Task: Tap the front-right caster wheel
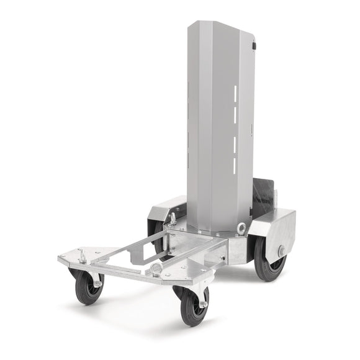[x=192, y=306]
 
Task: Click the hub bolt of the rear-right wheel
[x=281, y=251]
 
